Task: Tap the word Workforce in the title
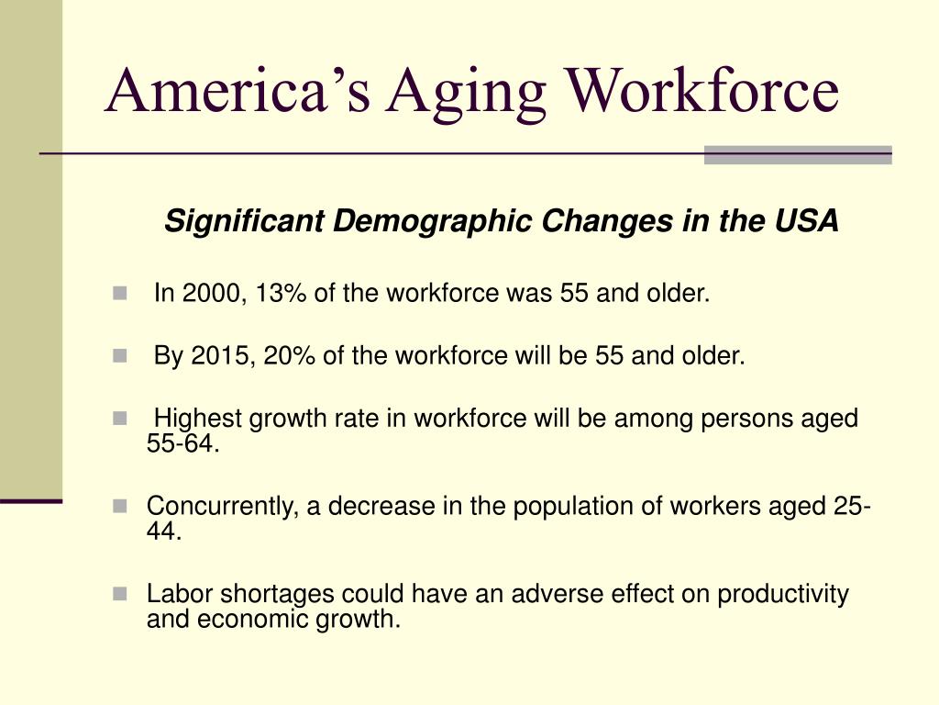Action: [703, 89]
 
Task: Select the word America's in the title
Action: [238, 89]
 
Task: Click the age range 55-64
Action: [183, 443]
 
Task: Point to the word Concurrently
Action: [222, 507]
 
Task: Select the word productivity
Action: [783, 595]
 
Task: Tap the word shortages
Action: [277, 595]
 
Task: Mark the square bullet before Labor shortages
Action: [120, 594]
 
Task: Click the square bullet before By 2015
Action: [120, 356]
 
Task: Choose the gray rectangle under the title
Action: [798, 154]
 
